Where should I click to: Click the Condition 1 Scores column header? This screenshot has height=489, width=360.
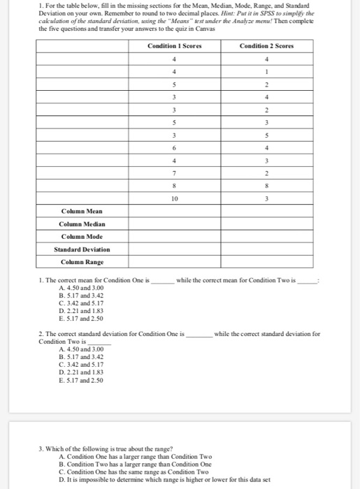click(175, 46)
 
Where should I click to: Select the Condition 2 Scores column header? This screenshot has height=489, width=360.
click(266, 46)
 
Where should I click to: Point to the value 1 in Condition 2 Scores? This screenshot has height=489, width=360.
click(267, 71)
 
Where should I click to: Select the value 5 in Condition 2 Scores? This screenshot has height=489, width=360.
click(267, 134)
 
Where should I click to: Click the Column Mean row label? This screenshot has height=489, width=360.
click(82, 211)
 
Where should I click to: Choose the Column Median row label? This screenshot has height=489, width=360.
click(82, 224)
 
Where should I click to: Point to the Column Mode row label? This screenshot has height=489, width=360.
click(82, 236)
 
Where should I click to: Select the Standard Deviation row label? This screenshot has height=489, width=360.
click(82, 249)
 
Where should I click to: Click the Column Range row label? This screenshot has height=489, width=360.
click(82, 261)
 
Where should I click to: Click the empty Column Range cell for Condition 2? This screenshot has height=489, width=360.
click(267, 261)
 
